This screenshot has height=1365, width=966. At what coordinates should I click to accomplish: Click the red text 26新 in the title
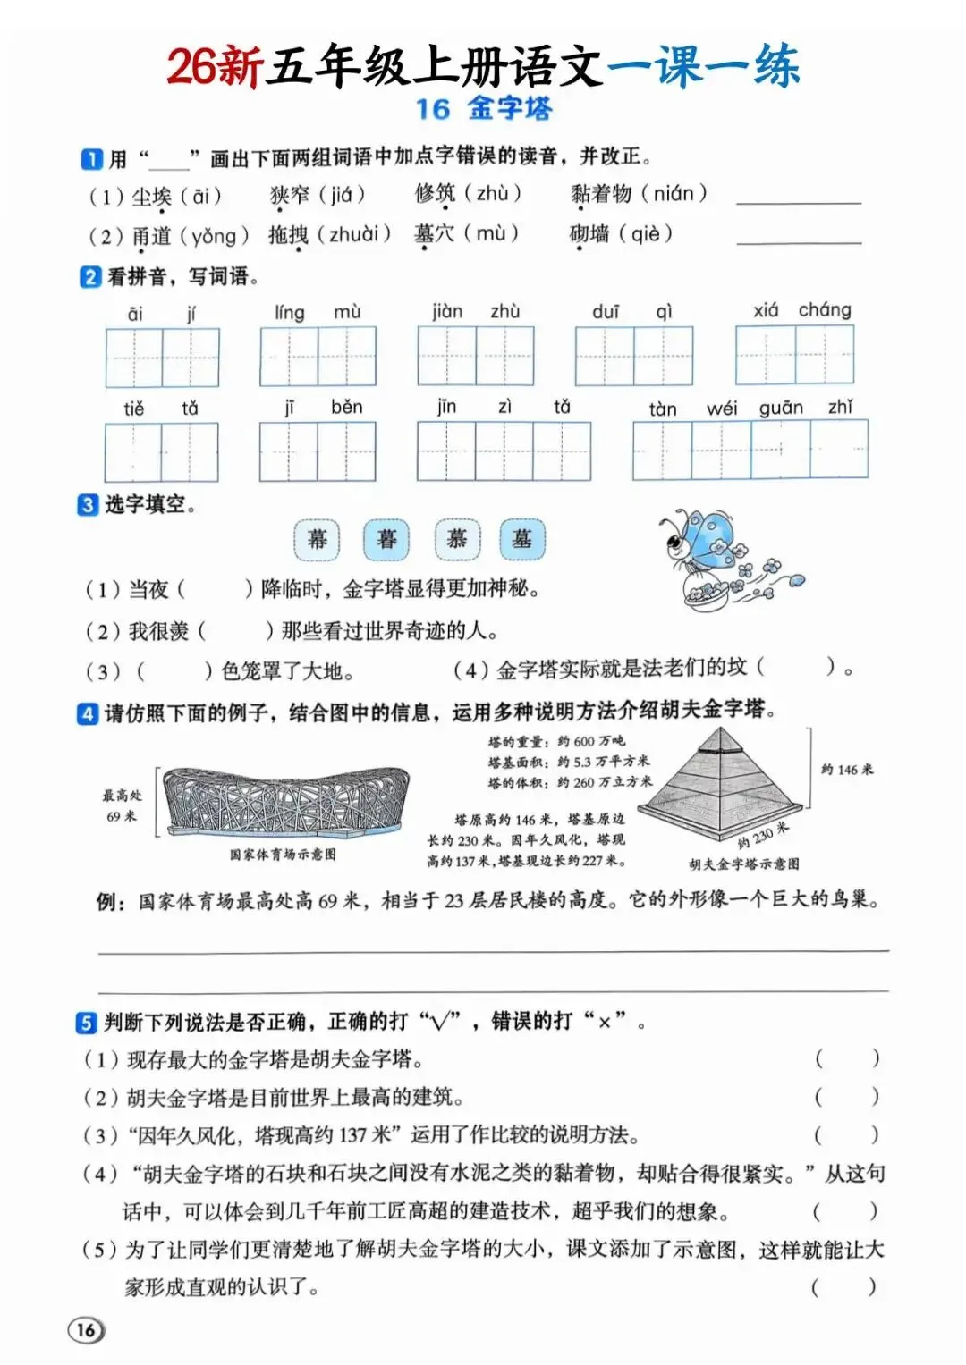coord(216,66)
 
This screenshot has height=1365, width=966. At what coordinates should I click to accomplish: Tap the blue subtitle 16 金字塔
coord(484,109)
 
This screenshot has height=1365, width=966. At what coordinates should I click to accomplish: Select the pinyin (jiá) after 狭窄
coord(342,194)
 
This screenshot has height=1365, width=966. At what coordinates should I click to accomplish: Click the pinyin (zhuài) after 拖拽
coord(353,234)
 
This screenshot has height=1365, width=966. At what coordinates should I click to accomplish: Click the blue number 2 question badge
coord(90,277)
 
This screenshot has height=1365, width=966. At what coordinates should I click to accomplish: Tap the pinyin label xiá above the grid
coord(766,311)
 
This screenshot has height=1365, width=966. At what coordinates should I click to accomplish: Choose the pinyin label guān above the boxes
coord(781,408)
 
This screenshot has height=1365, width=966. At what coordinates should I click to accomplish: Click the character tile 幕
coord(318,539)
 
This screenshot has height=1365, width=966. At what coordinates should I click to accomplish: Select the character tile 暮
coord(386,539)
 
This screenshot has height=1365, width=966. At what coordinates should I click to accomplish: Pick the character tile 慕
coord(457,539)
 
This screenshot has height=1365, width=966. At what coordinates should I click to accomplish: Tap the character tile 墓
coord(522,539)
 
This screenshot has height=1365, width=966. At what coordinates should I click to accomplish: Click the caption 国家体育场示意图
coord(283,855)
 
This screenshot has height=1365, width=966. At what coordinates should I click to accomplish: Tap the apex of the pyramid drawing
coord(721,728)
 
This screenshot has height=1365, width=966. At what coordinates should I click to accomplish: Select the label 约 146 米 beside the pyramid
coord(847,770)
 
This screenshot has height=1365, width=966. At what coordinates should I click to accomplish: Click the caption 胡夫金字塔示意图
coord(744,864)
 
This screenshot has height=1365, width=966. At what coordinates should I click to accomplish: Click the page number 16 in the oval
coord(86,1329)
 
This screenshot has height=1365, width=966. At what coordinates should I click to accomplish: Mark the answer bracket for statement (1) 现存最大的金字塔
coord(847,1058)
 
